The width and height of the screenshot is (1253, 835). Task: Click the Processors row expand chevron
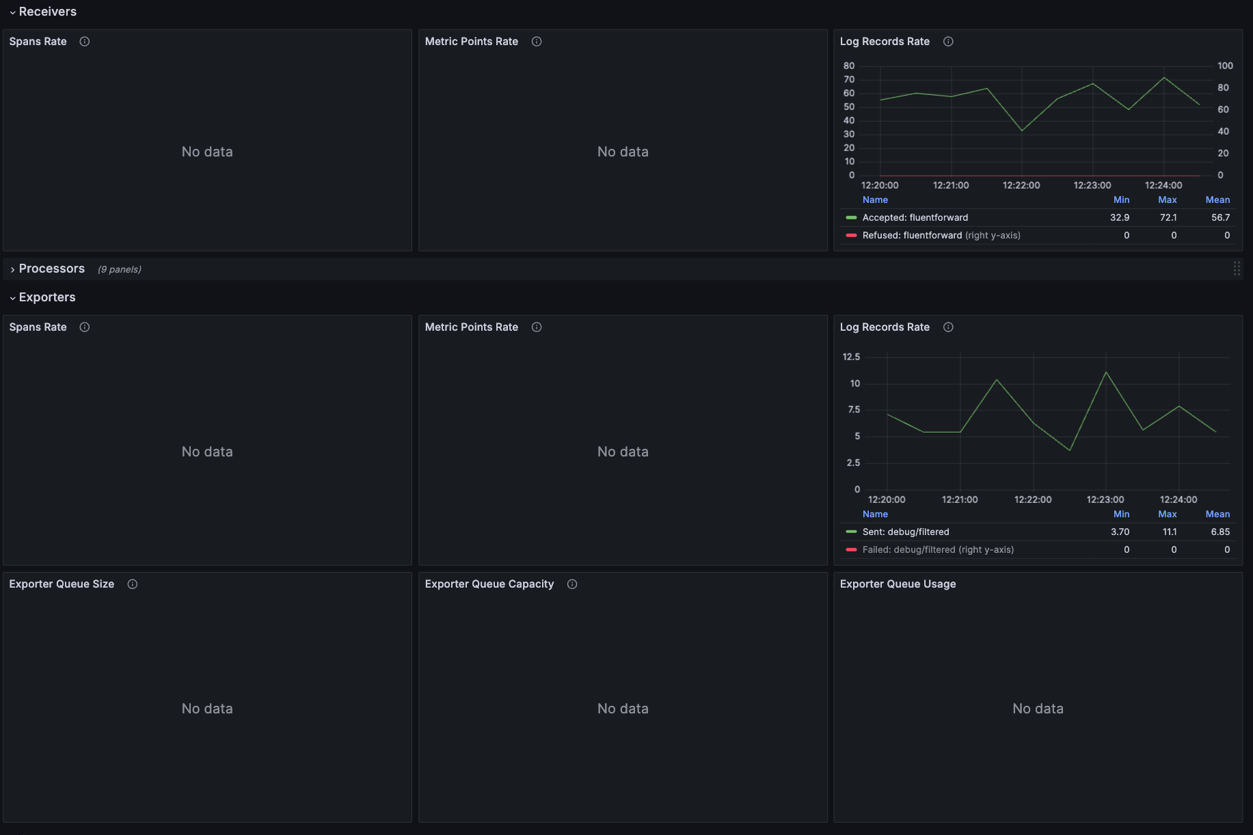click(12, 269)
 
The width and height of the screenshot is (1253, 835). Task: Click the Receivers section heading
click(47, 12)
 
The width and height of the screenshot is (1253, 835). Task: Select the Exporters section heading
click(47, 297)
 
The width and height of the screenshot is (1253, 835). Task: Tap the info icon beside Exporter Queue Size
click(133, 584)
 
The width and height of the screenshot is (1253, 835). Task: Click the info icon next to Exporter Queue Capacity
click(572, 584)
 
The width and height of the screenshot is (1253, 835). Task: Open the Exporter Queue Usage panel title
click(898, 584)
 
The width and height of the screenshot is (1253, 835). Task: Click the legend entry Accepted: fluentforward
click(915, 218)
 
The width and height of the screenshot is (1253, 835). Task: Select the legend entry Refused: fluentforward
click(912, 236)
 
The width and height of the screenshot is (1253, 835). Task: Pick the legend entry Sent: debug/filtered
click(906, 532)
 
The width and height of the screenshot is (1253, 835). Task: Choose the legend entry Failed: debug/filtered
click(908, 550)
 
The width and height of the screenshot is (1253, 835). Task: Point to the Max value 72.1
click(1168, 218)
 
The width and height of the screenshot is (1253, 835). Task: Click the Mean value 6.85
click(1220, 532)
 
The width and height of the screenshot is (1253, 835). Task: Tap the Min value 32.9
click(1120, 218)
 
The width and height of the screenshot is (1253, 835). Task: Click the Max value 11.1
click(1170, 532)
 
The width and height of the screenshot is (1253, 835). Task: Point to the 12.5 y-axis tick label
click(851, 357)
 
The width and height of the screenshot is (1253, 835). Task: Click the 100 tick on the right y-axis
click(1225, 66)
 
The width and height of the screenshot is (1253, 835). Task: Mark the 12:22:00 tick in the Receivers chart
click(1021, 186)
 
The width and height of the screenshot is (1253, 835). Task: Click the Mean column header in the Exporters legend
click(1217, 515)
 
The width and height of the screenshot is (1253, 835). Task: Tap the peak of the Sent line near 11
click(1106, 372)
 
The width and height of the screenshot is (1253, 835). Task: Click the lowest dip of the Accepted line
click(1022, 131)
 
